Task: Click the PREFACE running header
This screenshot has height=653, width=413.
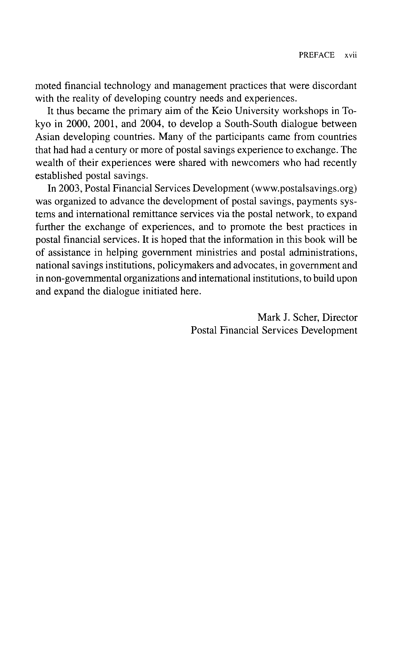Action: pos(316,55)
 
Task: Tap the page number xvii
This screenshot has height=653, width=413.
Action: pos(351,55)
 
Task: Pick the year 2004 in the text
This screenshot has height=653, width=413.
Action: pos(152,124)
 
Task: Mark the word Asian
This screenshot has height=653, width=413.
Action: pos(48,137)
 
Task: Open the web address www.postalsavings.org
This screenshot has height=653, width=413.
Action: pos(304,188)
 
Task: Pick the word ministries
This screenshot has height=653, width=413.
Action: pos(216,253)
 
